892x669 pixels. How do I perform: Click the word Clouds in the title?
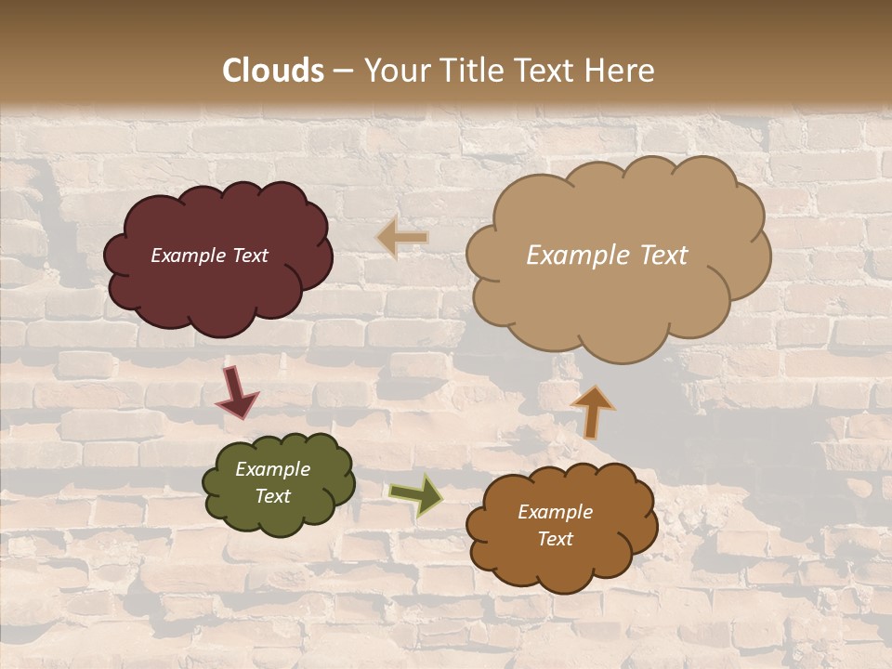pyautogui.click(x=273, y=71)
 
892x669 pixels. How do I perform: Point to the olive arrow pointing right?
pyautogui.click(x=415, y=494)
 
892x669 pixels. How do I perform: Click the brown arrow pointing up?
pyautogui.click(x=593, y=411)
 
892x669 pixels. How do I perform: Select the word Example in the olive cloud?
pyautogui.click(x=272, y=469)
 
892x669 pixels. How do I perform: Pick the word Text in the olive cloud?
pyautogui.click(x=272, y=496)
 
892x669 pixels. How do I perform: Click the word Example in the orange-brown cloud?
pyautogui.click(x=555, y=512)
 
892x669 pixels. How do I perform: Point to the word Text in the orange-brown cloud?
pyautogui.click(x=555, y=539)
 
